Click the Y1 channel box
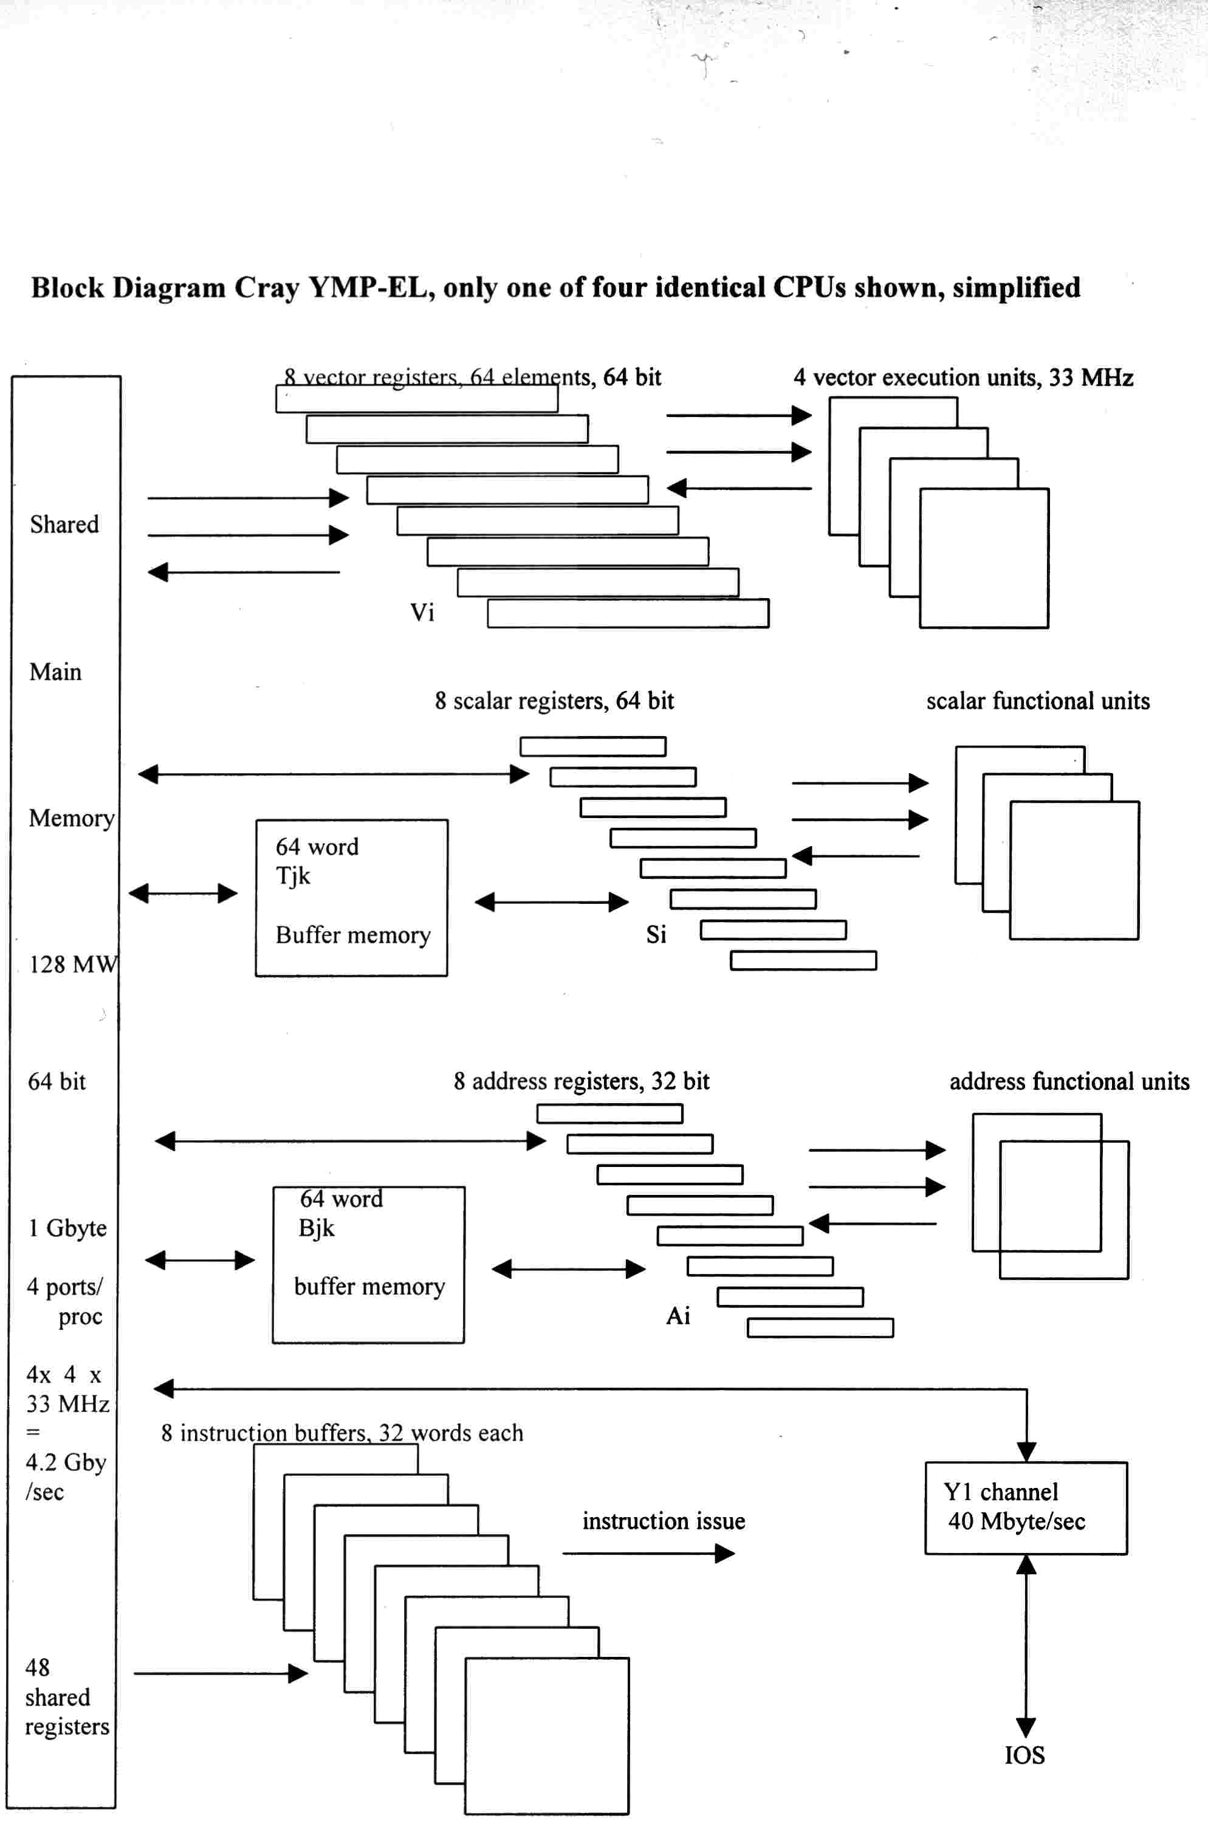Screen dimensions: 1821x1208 coord(1026,1507)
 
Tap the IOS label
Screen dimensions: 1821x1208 coord(1024,1755)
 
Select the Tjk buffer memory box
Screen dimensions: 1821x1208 coord(351,897)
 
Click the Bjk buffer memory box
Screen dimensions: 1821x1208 coord(368,1265)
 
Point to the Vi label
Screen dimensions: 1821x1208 coord(422,613)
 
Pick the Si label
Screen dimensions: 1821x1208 coord(656,934)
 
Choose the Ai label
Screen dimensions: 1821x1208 coord(678,1315)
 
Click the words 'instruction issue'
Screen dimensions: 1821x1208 coord(664,1521)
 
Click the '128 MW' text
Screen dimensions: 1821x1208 coord(73,964)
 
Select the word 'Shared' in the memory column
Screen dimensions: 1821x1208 coord(64,524)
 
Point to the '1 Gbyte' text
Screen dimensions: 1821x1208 coord(67,1228)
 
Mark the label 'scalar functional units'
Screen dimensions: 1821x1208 coord(1037,701)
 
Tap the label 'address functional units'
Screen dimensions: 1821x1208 coord(1069,1081)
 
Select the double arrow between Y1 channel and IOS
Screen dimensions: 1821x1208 coord(1026,1645)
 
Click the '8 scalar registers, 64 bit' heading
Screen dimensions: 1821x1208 coord(554,701)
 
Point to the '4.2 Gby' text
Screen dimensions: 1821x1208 coord(66,1462)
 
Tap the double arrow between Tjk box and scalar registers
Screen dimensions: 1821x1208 coord(552,901)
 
